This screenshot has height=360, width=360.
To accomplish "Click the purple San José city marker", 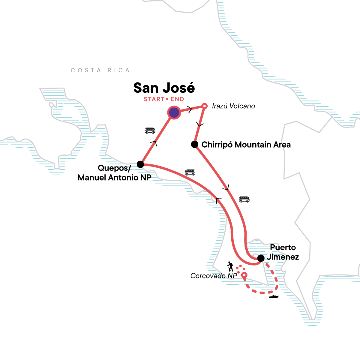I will coord(174,113).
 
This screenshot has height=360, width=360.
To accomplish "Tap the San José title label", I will coord(164,88).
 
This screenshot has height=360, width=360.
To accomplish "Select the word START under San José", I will coord(154,99).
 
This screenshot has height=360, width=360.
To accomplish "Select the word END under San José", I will coord(177,99).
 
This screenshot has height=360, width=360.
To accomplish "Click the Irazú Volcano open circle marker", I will coord(204,106).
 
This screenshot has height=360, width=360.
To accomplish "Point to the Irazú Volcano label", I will coord(233,106).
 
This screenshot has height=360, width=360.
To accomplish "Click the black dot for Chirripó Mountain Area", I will coord(194,144).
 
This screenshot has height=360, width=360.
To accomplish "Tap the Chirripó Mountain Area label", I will coord(246,145).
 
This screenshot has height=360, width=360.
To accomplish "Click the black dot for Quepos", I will coord(140,164).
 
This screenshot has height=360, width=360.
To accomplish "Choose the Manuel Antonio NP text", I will coord(114,178).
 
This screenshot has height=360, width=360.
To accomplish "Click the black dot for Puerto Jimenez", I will coord(261,258).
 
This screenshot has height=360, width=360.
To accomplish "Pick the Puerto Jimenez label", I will coord(283,252).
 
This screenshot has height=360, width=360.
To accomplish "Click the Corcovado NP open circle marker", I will coord(244,275).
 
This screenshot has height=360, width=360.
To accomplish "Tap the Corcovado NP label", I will coord(214,276).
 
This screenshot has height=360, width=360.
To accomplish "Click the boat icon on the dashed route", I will coord(274,297).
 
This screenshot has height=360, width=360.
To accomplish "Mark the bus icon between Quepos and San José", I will coord(150,130).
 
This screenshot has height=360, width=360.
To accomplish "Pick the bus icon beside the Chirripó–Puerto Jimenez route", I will coord(244,199).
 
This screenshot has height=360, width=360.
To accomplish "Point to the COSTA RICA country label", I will coord(100,70).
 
